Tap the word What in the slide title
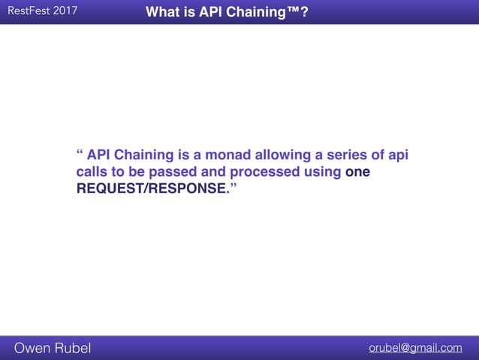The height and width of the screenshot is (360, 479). pyautogui.click(x=162, y=12)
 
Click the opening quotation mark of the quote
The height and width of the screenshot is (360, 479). pyautogui.click(x=80, y=155)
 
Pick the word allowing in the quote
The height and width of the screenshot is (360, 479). pyautogui.click(x=282, y=156)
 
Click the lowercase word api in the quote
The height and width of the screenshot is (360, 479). pyautogui.click(x=396, y=156)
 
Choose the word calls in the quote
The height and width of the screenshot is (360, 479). pyautogui.click(x=92, y=172)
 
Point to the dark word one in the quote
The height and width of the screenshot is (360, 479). pyautogui.click(x=357, y=172)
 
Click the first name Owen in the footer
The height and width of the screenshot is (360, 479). pyautogui.click(x=34, y=347)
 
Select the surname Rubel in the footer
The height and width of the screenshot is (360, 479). pyautogui.click(x=74, y=347)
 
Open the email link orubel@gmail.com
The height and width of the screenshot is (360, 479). pyautogui.click(x=415, y=347)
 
